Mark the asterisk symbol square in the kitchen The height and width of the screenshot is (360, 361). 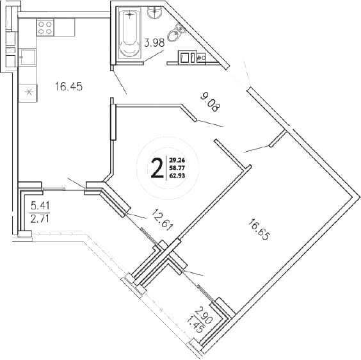(x=28, y=92)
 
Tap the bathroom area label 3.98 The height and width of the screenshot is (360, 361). (x=157, y=44)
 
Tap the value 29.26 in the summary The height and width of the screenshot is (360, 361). (x=177, y=160)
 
